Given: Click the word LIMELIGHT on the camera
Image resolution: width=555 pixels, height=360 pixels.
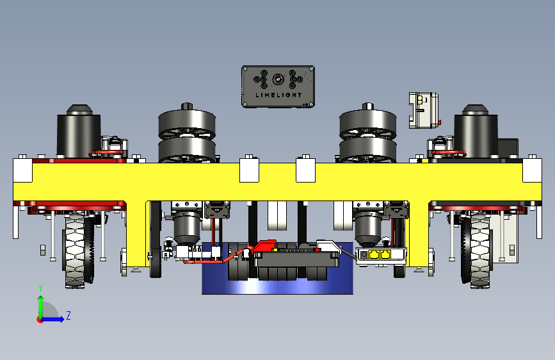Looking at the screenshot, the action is point(278,95).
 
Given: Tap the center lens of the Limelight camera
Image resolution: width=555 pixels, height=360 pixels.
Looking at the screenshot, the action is point(278,79).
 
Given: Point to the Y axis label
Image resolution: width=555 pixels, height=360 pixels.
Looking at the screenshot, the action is point(40,288).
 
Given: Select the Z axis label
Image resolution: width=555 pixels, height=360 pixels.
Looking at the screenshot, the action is point(68,315).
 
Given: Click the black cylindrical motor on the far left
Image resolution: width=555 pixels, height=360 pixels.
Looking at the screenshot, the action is point(79,132).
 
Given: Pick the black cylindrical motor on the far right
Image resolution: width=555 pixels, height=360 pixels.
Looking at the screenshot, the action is point(476,132).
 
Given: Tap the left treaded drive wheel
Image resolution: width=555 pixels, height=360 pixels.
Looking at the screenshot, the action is point(76,249).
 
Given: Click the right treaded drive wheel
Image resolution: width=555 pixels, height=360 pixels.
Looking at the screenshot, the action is point(480,249).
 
